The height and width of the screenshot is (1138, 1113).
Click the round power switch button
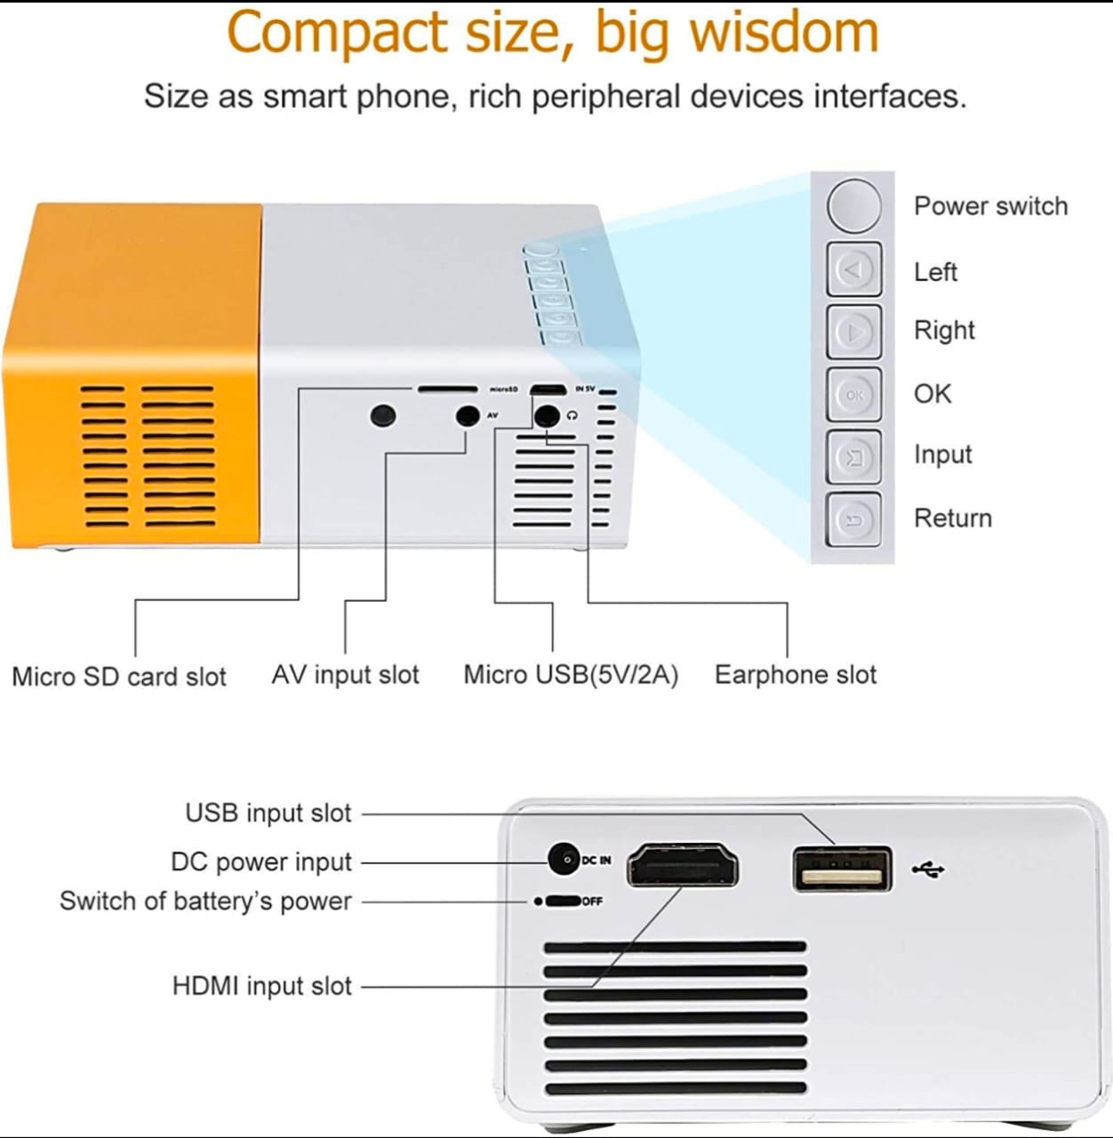point(853,205)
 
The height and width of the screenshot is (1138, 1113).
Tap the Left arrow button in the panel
point(853,268)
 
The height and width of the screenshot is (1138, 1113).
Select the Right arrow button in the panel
point(853,332)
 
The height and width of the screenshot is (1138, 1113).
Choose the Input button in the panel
point(853,457)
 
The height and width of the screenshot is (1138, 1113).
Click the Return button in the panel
point(853,519)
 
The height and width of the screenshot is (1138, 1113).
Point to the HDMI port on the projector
point(683,866)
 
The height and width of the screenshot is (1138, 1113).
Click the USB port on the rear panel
point(842,870)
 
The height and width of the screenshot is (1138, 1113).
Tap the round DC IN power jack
point(564,859)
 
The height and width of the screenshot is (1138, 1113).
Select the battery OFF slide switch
point(562,902)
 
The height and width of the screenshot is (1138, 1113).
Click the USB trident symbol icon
point(929,870)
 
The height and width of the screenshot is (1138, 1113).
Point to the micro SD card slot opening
point(448,389)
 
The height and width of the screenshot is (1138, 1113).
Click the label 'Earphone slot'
point(796,675)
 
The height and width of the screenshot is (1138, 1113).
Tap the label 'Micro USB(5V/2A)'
point(571,675)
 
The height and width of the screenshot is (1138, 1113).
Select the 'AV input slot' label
point(345,675)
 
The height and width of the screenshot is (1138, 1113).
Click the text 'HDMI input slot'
point(262,986)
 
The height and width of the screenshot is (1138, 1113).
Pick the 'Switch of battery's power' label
point(205,902)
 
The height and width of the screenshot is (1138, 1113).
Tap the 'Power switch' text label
point(990,206)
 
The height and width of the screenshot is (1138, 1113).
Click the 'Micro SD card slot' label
point(119,677)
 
